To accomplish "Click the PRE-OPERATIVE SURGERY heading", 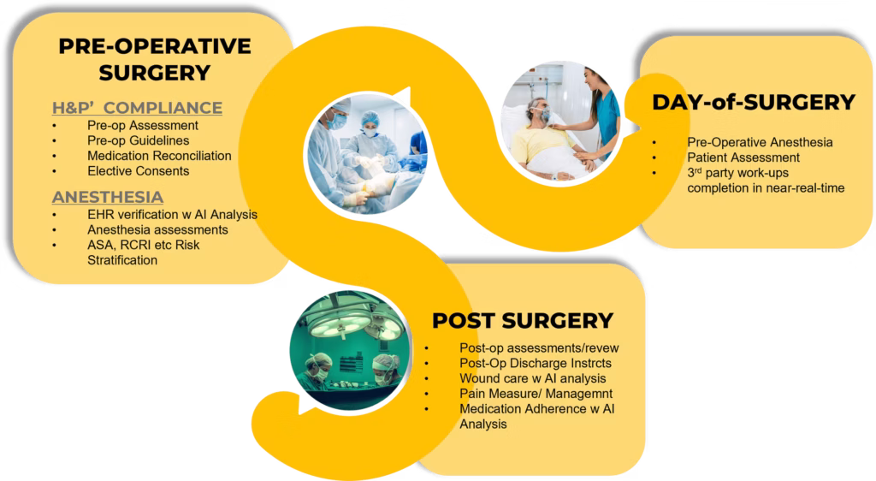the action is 155,59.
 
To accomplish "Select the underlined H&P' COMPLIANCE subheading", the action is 137,107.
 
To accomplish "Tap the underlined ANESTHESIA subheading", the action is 108,197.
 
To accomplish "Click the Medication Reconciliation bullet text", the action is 159,156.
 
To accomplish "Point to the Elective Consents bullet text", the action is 138,171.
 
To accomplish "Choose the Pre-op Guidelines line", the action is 138,140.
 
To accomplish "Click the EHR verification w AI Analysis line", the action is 172,215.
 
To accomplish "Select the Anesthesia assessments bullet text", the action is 157,229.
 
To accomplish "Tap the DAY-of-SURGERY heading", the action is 754,102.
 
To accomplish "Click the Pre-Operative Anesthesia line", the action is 760,142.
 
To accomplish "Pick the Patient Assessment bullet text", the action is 743,157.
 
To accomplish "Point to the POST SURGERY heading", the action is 523,321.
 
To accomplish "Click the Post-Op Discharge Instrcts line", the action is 536,363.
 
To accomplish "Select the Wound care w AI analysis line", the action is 532,378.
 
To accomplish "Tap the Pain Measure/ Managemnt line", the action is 536,394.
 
